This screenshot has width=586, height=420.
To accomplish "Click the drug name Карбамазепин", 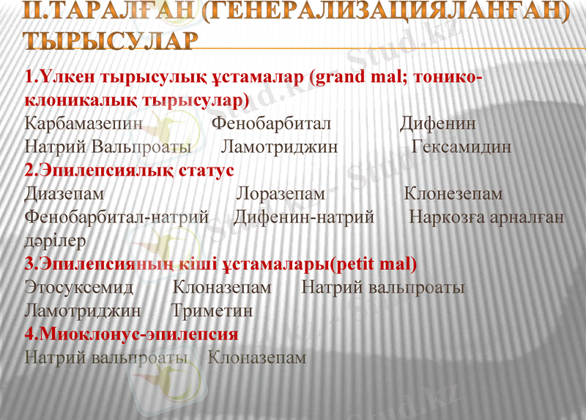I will [83, 123].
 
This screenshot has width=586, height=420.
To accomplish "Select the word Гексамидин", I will [461, 146].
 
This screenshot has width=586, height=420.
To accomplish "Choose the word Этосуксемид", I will [78, 287].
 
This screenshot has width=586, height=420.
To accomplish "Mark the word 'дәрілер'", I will [56, 240].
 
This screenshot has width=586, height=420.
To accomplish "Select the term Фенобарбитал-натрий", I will [116, 217].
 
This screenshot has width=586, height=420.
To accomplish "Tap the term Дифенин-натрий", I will [304, 217].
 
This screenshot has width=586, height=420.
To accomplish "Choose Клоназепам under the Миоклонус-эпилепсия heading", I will [257, 358].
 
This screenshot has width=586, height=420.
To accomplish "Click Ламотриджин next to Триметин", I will [82, 310].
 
